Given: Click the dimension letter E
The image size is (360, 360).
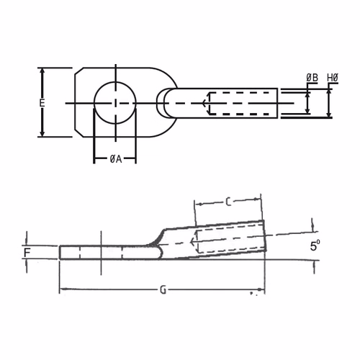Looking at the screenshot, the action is [42, 103].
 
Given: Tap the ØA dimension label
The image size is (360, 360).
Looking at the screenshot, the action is [116, 159].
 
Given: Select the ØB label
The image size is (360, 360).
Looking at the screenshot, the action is [312, 78].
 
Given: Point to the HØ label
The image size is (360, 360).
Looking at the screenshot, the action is [333, 78].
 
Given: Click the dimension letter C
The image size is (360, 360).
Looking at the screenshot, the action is [228, 202].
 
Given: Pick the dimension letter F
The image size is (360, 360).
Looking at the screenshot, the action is [27, 253].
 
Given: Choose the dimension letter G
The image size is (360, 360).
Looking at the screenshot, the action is [163, 290].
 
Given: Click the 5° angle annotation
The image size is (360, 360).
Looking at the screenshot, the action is [315, 246].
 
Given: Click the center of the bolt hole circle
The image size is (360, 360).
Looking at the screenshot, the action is [115, 103].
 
